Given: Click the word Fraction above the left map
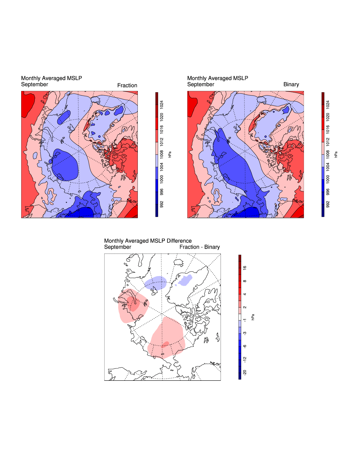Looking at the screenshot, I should [127, 85].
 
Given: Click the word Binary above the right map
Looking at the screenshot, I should [291, 84].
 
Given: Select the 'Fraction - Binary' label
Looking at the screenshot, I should [199, 247].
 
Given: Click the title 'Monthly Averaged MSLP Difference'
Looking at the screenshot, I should [148, 241].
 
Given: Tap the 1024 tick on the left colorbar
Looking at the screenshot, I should [162, 105].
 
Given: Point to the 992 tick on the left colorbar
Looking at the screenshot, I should [162, 204].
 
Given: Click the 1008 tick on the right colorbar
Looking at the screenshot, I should [328, 154].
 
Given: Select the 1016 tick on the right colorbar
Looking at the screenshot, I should [328, 129].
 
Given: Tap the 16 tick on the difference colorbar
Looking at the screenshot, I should [245, 268].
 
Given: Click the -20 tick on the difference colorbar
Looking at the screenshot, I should [245, 372].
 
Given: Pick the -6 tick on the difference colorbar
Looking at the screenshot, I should [245, 346].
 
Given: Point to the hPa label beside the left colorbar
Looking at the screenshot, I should [170, 154].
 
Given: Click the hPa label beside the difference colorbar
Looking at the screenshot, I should [253, 317].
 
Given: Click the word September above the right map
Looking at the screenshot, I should [201, 84].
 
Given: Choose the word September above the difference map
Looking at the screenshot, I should [118, 247].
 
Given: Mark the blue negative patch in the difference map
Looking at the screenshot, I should [156, 283].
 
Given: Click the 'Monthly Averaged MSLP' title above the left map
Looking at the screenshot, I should [51, 78].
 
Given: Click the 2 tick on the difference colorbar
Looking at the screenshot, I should [245, 307].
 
